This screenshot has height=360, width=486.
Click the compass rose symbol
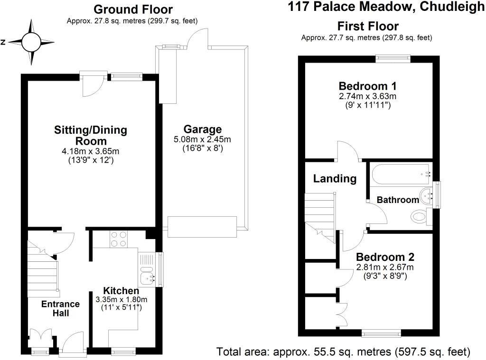(x=32, y=42)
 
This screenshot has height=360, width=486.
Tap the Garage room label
(x=203, y=129)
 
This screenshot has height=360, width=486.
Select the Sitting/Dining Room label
(x=91, y=135)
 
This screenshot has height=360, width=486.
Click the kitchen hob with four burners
(x=119, y=239)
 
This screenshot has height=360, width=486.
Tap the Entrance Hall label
(x=61, y=308)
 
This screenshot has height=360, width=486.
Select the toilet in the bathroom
(x=419, y=217)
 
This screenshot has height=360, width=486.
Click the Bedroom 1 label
(x=367, y=86)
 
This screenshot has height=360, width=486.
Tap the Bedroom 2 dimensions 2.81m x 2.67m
(x=385, y=267)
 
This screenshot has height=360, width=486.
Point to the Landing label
(x=335, y=179)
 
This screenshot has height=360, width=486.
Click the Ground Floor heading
(x=133, y=9)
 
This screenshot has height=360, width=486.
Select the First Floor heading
(x=368, y=26)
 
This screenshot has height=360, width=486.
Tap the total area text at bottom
(x=343, y=352)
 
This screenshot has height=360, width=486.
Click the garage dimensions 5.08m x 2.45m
(x=203, y=139)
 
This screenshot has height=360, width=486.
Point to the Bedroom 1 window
(x=393, y=58)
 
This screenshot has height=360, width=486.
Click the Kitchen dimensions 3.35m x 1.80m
(x=121, y=299)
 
